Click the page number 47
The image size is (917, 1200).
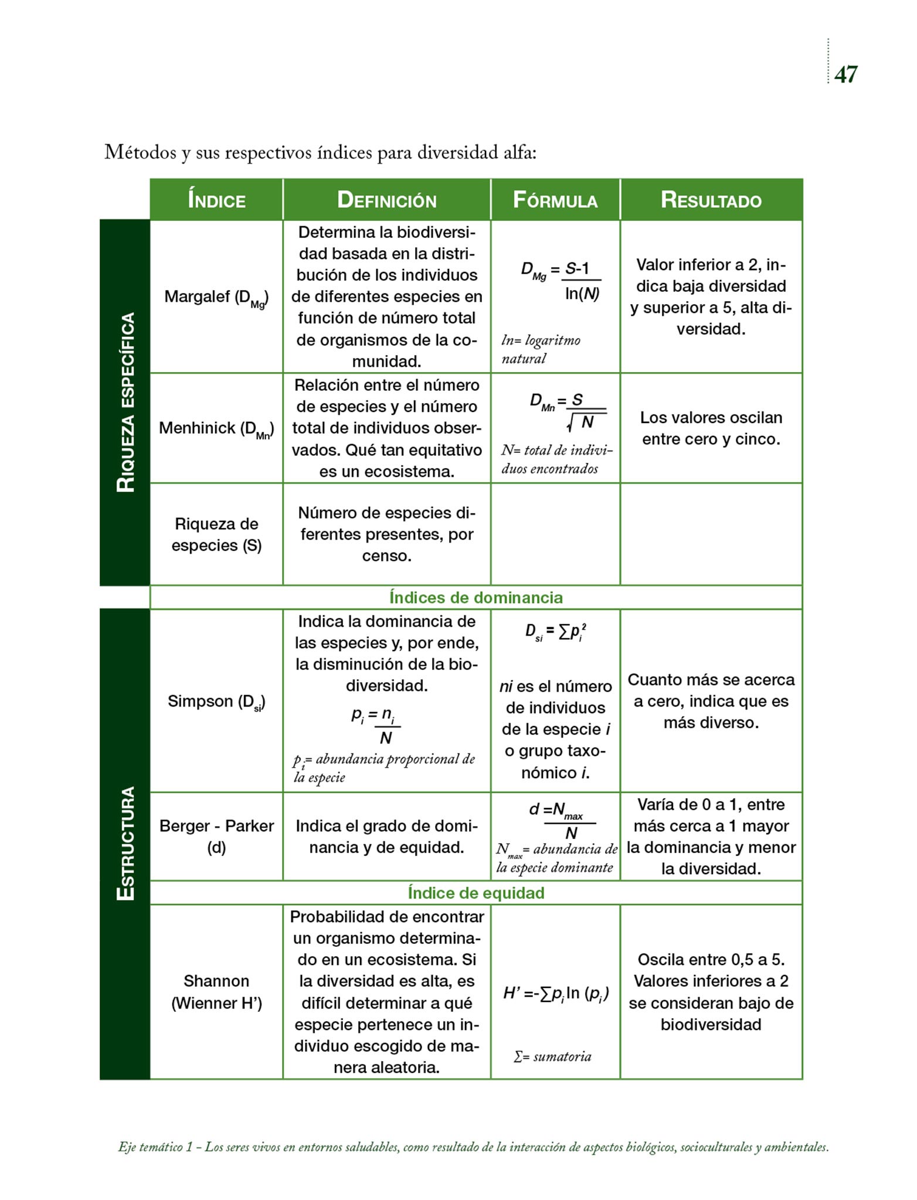(x=845, y=74)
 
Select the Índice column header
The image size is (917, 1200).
(x=216, y=200)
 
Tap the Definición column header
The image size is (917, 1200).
(x=386, y=200)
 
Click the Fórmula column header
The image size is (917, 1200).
(x=555, y=200)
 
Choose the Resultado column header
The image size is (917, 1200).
(x=711, y=200)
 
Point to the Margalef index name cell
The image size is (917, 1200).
(x=216, y=298)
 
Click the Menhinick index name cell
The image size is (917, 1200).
(x=216, y=429)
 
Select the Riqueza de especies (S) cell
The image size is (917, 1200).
(x=216, y=534)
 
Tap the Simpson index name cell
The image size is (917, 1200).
(x=216, y=702)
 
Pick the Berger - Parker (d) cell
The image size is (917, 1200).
(x=216, y=837)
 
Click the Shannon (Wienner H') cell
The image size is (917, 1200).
(x=216, y=992)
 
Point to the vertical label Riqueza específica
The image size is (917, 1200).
(x=125, y=403)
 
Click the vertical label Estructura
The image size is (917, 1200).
(x=125, y=844)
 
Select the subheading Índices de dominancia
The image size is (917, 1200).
(x=476, y=598)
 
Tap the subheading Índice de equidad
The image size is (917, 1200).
(x=476, y=893)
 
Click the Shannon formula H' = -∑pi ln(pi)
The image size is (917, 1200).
(x=555, y=994)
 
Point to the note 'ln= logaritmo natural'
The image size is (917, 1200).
(x=541, y=350)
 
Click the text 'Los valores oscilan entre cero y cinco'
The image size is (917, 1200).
(x=711, y=428)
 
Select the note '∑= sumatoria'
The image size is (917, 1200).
(x=552, y=1056)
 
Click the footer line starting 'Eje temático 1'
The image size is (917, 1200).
(x=473, y=1147)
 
